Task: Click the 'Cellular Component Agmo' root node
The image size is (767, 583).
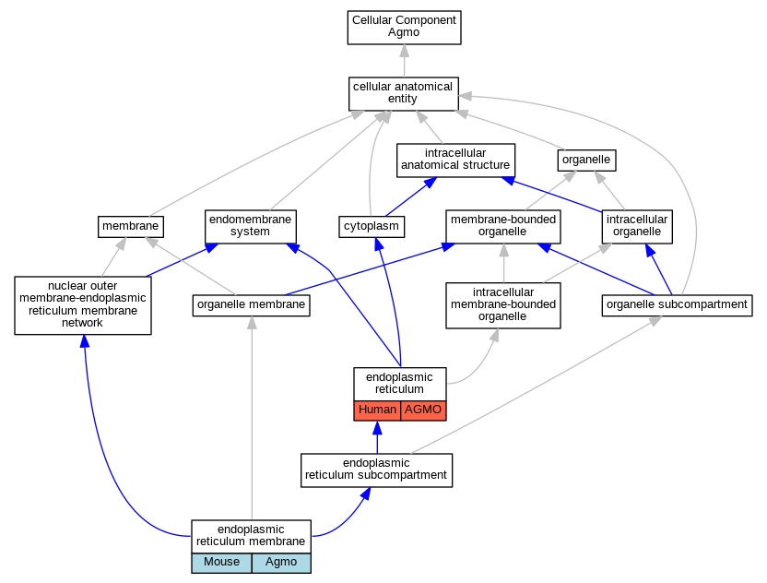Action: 404,28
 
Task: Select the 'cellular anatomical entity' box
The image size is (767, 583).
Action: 404,93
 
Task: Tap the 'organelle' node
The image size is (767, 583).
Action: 586,161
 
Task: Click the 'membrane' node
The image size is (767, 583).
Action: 131,227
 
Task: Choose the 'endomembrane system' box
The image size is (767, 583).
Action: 251,227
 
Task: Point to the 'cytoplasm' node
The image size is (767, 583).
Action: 372,227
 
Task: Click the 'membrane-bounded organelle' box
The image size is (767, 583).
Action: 503,227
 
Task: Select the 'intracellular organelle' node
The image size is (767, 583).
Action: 637,227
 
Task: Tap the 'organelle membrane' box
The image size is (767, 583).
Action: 252,305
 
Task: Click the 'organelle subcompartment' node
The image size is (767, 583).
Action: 677,305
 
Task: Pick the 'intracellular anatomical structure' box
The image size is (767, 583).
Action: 456,161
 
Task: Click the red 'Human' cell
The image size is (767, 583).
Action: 377,410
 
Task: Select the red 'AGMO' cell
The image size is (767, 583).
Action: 423,410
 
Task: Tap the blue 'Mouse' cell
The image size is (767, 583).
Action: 221,563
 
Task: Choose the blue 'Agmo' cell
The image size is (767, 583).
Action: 281,563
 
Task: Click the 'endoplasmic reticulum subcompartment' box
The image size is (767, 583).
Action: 377,470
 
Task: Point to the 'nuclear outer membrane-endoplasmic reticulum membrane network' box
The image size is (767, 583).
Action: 83,305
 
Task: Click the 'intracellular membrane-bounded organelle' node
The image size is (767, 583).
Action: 503,305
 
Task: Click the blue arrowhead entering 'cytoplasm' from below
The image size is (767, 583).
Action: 379,244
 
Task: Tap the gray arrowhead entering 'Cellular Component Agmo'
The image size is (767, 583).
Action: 404,51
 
